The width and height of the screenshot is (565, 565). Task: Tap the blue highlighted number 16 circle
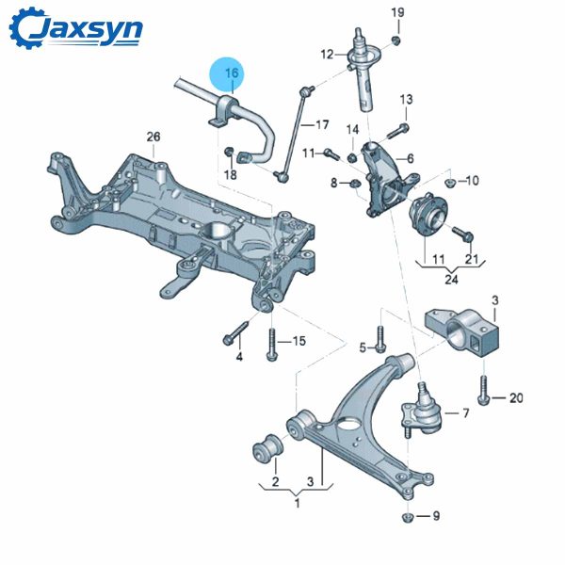click(232, 73)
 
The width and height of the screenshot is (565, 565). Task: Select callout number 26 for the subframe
click(153, 137)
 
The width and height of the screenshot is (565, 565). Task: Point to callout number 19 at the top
click(397, 12)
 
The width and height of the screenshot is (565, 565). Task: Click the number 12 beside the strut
click(327, 54)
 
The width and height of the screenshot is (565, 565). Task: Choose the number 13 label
click(406, 99)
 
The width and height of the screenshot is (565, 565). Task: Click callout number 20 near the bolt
click(515, 398)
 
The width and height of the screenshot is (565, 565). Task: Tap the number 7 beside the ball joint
click(464, 412)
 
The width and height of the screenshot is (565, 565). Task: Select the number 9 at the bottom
click(435, 516)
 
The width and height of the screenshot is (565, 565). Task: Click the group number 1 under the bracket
click(298, 505)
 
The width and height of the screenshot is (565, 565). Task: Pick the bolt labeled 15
click(271, 344)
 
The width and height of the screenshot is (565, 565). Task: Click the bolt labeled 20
click(484, 390)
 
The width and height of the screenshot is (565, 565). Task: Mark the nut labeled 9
click(408, 516)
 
